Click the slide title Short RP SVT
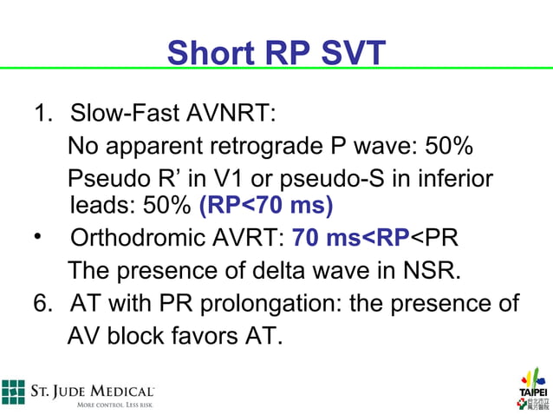(x=276, y=54)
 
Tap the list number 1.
(x=40, y=114)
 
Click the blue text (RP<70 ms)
(x=266, y=207)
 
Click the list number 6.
(x=40, y=303)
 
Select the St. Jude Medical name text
(x=93, y=392)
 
